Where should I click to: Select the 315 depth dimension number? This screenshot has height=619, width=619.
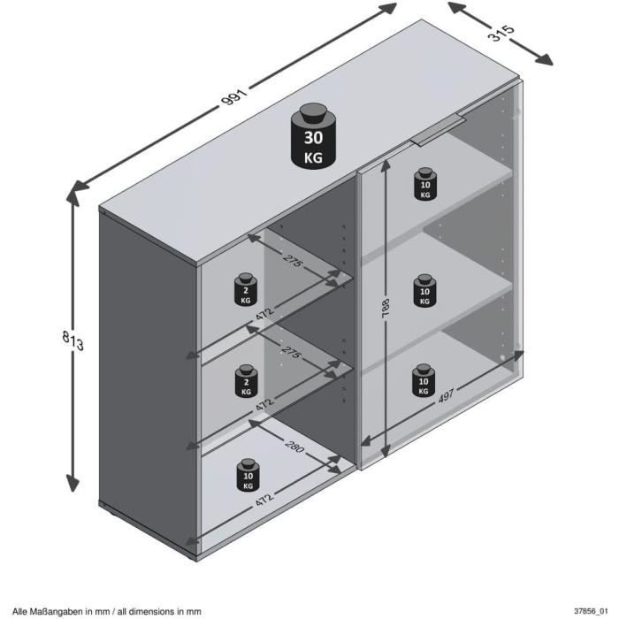(501, 35)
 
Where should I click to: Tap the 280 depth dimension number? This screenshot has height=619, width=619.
(294, 449)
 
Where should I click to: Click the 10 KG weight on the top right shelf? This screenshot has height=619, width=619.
(425, 183)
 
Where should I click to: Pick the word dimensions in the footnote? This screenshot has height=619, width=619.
(158, 610)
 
